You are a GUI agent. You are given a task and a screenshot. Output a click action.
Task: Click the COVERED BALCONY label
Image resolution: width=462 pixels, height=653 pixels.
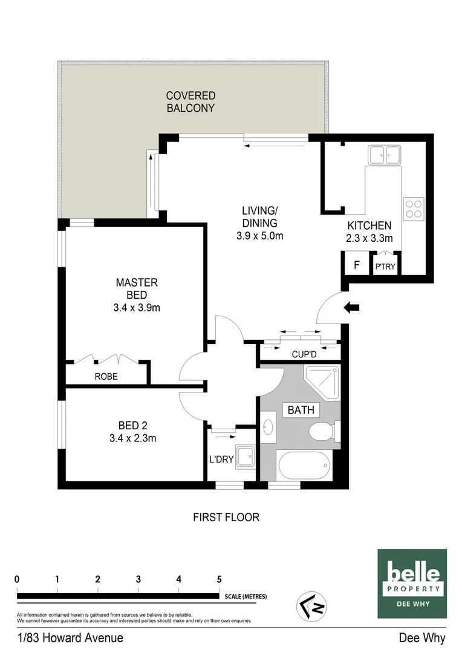pos(190,102)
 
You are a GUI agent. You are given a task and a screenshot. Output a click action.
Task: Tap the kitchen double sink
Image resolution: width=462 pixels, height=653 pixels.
pos(384,155)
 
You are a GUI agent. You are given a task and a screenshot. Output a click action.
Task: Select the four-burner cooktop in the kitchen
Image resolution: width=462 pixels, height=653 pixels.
pos(414,209)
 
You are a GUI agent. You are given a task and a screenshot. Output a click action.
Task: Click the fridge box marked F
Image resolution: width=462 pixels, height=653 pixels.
pos(357,265)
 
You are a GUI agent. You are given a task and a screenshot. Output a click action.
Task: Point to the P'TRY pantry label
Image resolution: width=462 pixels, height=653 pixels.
pos(385,267)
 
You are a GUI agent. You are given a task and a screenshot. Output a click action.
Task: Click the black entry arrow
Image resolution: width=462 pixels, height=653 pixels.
pos(351,308)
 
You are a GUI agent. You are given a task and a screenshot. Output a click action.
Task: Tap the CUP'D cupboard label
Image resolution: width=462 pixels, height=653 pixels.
pos(304,354)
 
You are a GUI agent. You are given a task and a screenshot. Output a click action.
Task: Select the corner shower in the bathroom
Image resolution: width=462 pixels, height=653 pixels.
pos(323,381)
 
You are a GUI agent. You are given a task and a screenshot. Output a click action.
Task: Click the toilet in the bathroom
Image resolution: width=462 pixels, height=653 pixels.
pos(320,432)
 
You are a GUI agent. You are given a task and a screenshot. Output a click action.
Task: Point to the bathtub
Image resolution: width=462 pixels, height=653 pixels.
pos(305,466)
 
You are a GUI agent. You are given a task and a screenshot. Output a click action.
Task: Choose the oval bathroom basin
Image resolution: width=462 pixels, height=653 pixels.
pos(269,427)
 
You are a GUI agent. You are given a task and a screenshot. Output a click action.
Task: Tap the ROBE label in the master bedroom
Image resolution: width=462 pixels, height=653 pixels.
pos(106,376)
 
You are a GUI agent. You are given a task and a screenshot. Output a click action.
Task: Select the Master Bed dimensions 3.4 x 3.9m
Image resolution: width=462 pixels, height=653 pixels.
pos(137,307)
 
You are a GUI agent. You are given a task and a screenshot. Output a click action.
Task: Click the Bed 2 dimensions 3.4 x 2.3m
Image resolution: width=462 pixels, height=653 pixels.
pos(133,438)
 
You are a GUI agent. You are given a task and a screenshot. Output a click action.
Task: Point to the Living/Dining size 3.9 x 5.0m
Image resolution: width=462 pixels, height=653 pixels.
pos(259,236)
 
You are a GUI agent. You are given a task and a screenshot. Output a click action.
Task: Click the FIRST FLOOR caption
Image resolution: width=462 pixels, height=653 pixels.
pos(226,517)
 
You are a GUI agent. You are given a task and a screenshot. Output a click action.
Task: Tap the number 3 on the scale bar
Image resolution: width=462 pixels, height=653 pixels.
pos(138,579)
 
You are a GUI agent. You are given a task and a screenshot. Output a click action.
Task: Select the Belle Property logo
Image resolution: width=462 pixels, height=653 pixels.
pos(412,583)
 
